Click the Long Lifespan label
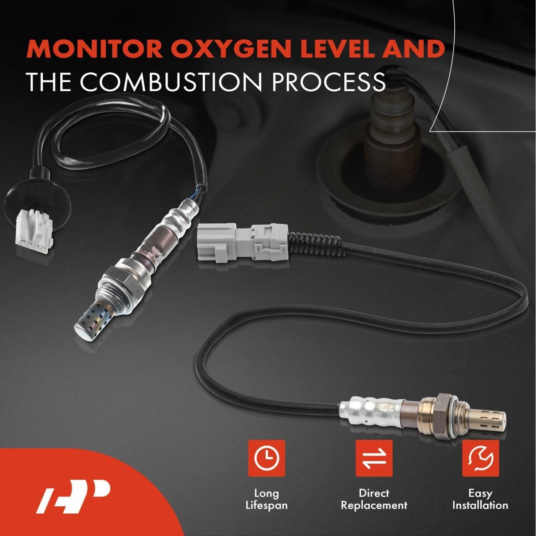[x=267, y=499]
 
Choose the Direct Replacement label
[x=374, y=499]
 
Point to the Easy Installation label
[x=480, y=499]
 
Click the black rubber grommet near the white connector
[x=38, y=202]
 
